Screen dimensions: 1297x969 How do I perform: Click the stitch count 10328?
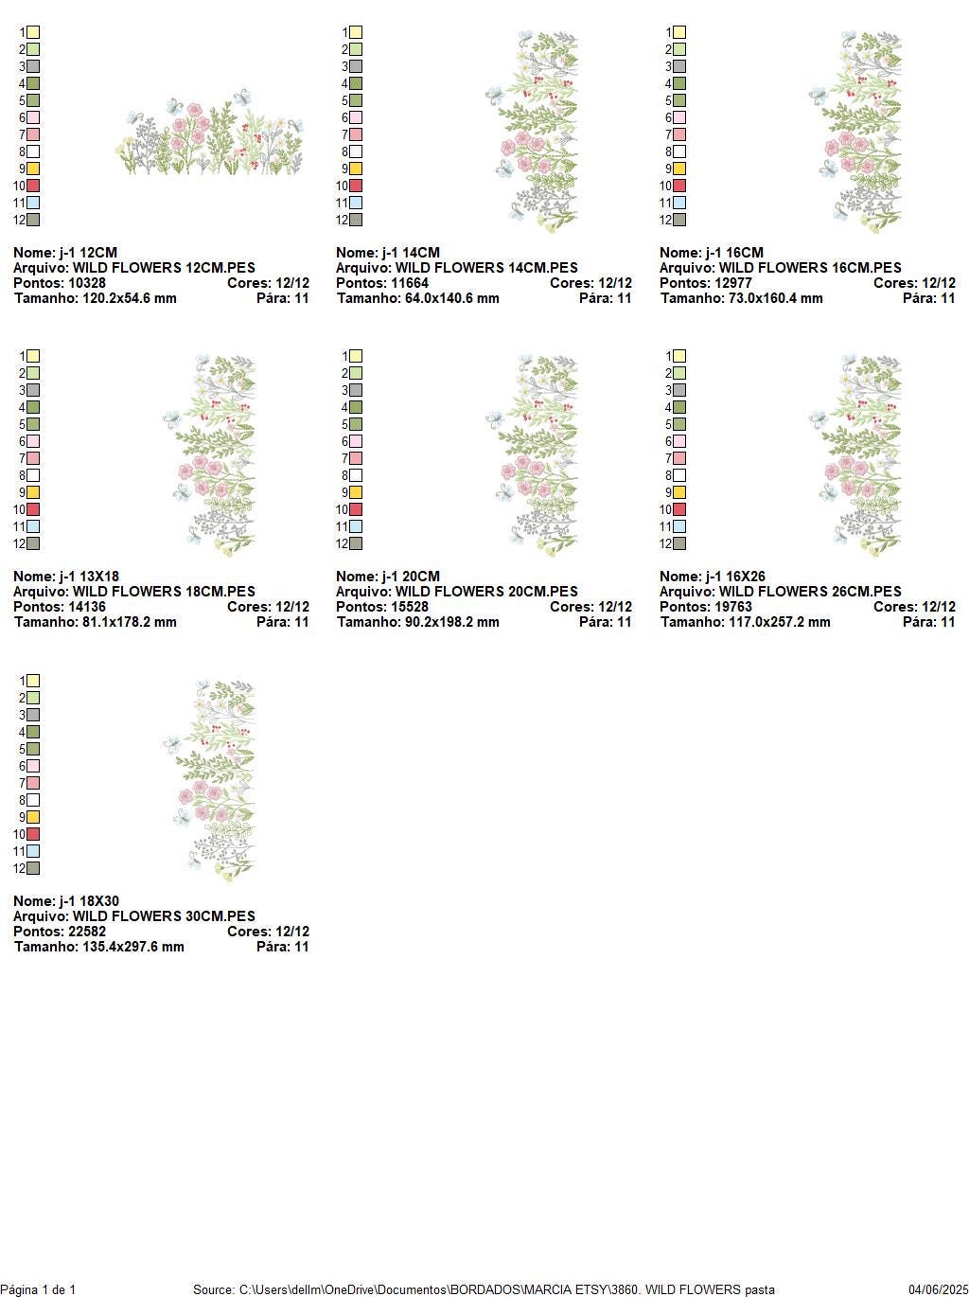click(x=87, y=283)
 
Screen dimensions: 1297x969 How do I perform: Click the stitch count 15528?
click(x=410, y=607)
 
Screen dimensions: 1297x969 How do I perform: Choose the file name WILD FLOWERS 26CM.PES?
click(x=810, y=592)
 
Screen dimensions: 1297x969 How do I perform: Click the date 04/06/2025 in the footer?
click(x=938, y=1289)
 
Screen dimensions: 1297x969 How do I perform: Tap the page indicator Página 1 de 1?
click(x=38, y=1289)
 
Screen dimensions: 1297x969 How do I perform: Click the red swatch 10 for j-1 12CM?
click(x=33, y=186)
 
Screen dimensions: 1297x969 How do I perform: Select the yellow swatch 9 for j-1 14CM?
click(x=356, y=169)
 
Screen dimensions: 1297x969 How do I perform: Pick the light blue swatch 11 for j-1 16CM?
click(x=679, y=203)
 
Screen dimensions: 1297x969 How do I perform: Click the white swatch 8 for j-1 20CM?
click(x=356, y=475)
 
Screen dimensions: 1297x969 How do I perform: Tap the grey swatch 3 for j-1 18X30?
click(x=33, y=715)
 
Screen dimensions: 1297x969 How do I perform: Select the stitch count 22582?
click(x=87, y=932)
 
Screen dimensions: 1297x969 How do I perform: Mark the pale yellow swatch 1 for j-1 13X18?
click(x=33, y=356)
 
